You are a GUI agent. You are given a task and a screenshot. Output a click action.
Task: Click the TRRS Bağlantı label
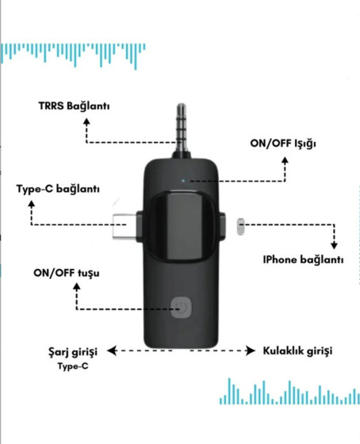point(74,106)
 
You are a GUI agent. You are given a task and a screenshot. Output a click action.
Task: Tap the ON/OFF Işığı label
point(283,144)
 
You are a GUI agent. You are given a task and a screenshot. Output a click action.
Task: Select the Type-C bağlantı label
point(58,189)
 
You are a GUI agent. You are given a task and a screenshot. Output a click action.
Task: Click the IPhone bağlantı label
point(303,260)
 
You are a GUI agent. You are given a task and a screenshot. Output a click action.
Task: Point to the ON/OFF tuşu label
point(67,274)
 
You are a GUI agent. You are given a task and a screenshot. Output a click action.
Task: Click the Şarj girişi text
point(73,352)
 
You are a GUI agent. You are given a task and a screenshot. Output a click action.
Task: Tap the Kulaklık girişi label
point(297,350)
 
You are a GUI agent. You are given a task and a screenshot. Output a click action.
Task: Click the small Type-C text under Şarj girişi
point(73,366)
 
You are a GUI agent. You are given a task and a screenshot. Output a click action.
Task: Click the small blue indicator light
point(183,181)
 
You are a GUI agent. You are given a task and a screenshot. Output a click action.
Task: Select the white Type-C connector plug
point(124,226)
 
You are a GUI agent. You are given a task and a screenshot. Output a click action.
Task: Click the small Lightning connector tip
point(240,227)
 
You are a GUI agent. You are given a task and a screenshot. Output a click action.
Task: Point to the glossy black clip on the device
point(182,227)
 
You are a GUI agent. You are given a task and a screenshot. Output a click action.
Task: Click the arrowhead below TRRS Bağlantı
point(86,122)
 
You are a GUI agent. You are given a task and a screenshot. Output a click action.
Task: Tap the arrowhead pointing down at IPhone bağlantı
point(334,245)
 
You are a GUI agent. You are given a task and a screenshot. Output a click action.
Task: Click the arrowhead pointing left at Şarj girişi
point(113,350)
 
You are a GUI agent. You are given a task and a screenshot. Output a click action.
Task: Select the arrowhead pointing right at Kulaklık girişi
point(251,350)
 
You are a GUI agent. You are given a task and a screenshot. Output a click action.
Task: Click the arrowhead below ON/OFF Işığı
point(285,160)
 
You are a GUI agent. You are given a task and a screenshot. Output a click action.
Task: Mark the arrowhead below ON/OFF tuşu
point(77,287)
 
